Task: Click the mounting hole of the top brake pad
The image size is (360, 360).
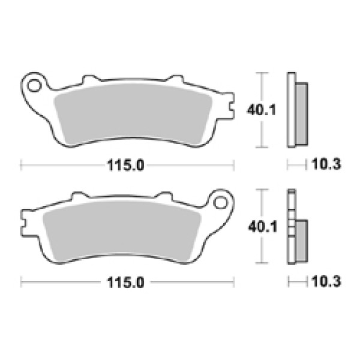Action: pyautogui.click(x=34, y=86)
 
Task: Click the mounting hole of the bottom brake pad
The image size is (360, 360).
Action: pyautogui.click(x=220, y=202)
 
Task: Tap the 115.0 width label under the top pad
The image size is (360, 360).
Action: pyautogui.click(x=125, y=165)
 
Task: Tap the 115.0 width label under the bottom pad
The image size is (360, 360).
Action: pyautogui.click(x=125, y=282)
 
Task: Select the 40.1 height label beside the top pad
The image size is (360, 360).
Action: pyautogui.click(x=261, y=110)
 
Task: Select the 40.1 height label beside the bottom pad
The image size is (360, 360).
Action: pyautogui.click(x=262, y=227)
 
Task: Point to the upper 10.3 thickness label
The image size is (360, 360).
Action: pyautogui.click(x=326, y=164)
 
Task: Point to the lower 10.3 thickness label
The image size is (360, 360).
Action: pyautogui.click(x=326, y=281)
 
